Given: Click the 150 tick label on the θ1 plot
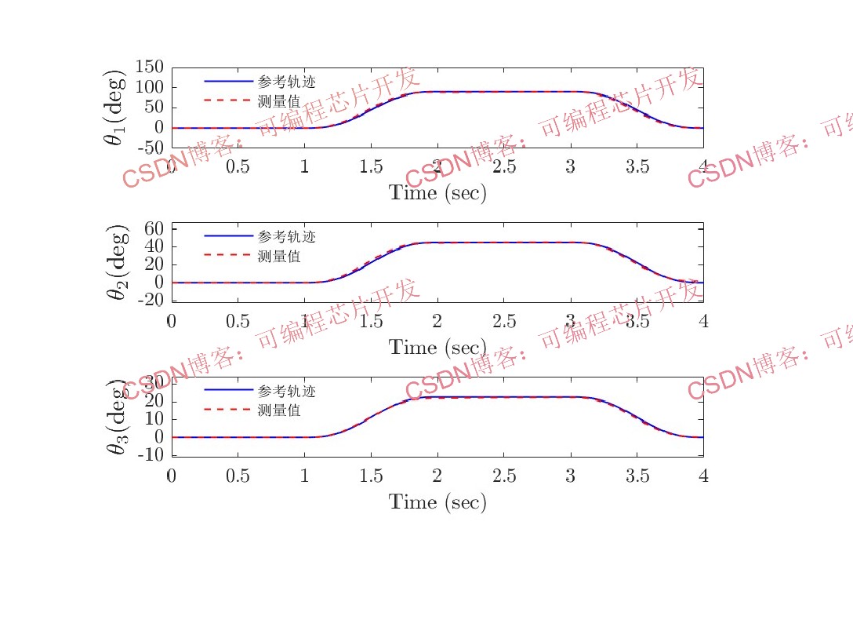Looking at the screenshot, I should pyautogui.click(x=150, y=67).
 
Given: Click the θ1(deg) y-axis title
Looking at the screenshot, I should pyautogui.click(x=115, y=108).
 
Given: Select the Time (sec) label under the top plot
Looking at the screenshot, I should pyautogui.click(x=437, y=193).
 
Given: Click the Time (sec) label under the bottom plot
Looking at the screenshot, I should pyautogui.click(x=437, y=502).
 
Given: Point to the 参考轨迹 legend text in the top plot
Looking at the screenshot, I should pyautogui.click(x=286, y=81).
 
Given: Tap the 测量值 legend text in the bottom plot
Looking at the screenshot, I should pyautogui.click(x=278, y=410).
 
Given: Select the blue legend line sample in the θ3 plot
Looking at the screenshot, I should pyautogui.click(x=228, y=390).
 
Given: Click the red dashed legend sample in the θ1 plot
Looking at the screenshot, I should pyautogui.click(x=228, y=100).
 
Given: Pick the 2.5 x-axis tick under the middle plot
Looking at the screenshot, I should pyautogui.click(x=503, y=321).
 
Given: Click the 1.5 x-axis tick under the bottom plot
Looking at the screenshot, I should pyautogui.click(x=371, y=476).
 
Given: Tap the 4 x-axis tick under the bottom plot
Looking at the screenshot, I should pyautogui.click(x=703, y=476).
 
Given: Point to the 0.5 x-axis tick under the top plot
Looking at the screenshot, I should pyautogui.click(x=238, y=166).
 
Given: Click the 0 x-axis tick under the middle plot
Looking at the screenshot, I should pyautogui.click(x=172, y=321).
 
